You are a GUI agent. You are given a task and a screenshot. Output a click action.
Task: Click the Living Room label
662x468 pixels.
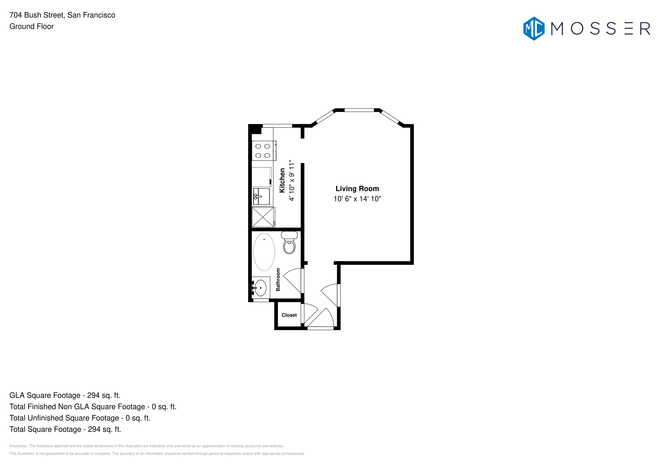click(x=357, y=189)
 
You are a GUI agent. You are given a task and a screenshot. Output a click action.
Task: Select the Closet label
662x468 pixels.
click(x=289, y=315)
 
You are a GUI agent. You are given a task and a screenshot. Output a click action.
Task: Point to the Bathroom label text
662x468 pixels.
click(x=278, y=280)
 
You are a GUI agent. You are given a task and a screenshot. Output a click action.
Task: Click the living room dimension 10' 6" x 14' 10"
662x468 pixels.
click(x=357, y=199)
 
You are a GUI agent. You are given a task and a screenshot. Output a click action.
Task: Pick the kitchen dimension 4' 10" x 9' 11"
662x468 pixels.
click(x=292, y=181)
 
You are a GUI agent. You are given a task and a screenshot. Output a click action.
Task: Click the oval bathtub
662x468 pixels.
click(x=264, y=252)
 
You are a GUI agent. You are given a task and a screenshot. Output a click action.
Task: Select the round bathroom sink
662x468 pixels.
click(x=261, y=288)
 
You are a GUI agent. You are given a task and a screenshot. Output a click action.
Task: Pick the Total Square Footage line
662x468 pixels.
click(x=65, y=429)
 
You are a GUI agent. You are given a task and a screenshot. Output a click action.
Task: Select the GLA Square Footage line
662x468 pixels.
click(x=65, y=395)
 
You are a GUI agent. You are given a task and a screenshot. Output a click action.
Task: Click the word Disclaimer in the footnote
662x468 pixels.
click(x=18, y=446)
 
